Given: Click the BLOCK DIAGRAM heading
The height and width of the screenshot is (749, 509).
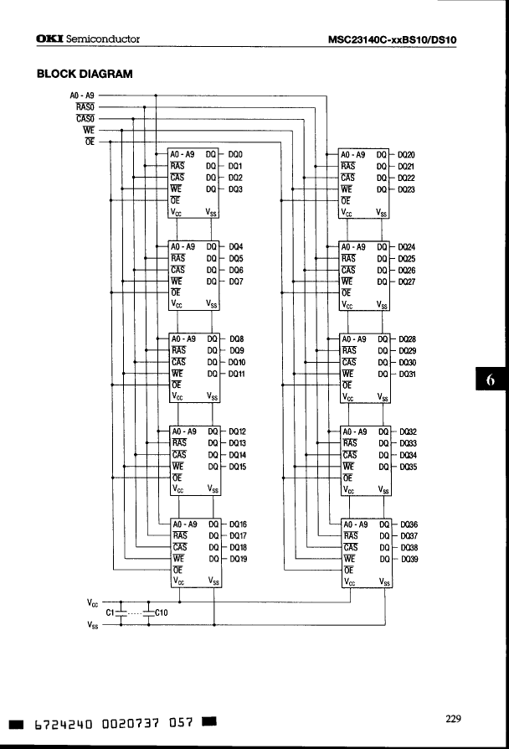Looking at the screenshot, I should [x=85, y=74].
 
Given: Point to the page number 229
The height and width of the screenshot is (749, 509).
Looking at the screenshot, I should [x=453, y=718].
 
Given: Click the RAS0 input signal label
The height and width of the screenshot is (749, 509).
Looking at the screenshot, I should [x=85, y=107].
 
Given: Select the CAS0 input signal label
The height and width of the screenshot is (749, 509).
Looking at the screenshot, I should [x=85, y=118].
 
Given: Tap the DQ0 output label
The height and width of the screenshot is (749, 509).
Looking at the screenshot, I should [x=235, y=155].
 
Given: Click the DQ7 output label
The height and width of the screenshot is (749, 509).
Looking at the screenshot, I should [x=235, y=282].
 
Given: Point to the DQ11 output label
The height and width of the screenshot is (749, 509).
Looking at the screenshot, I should [x=237, y=374].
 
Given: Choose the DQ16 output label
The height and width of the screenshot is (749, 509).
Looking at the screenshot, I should [x=238, y=524].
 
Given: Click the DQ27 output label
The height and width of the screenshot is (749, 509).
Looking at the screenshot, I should [x=408, y=282].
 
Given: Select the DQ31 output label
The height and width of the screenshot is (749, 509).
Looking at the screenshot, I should [x=409, y=374].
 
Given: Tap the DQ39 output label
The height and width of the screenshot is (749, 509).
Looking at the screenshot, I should [x=410, y=558].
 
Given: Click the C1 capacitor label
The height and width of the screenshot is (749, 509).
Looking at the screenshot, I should [x=110, y=612].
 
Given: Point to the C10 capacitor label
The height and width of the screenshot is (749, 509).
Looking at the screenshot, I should [x=162, y=612].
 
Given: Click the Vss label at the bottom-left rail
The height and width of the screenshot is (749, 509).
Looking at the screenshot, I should [x=94, y=624].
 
